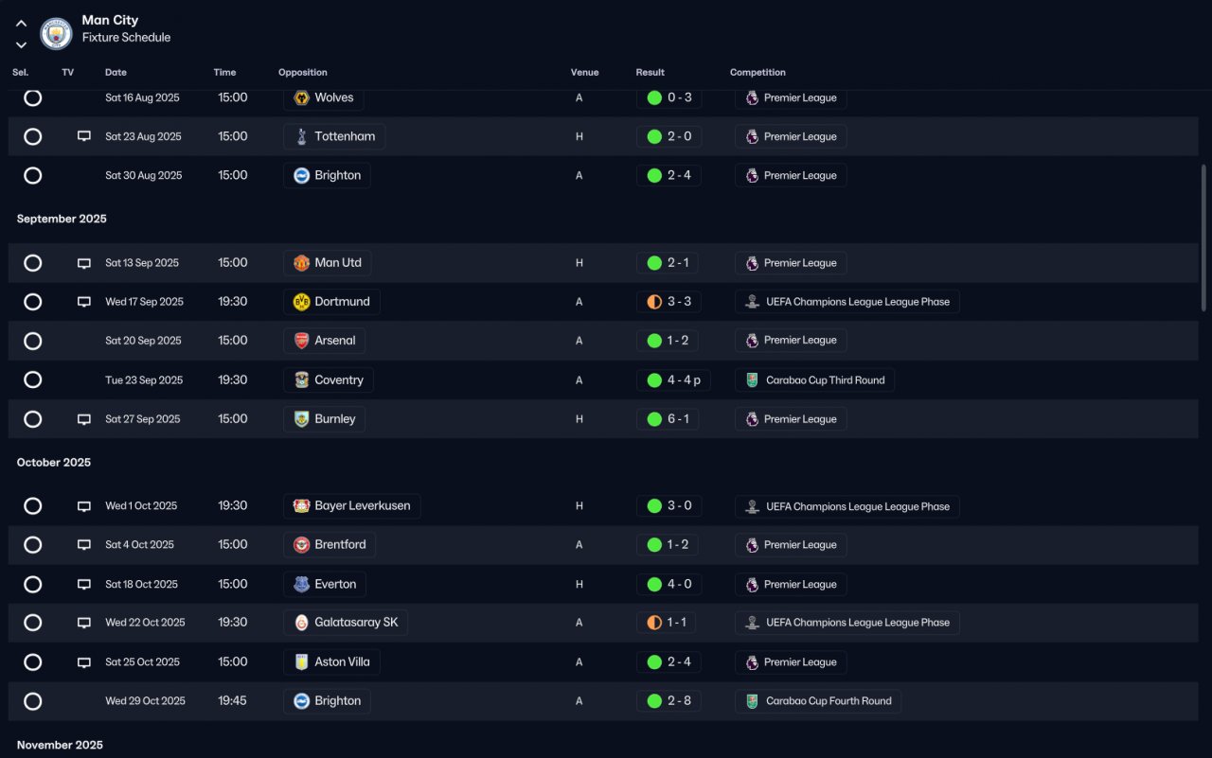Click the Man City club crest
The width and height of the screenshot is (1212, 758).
[56, 33]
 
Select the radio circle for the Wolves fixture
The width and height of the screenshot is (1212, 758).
[32, 97]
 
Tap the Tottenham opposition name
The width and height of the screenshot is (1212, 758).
[345, 136]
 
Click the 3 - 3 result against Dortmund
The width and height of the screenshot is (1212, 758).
[679, 302]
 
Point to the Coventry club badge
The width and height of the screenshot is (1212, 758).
[301, 379]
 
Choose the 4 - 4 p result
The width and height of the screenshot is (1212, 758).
[684, 380]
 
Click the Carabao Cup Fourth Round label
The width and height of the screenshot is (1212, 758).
[829, 700]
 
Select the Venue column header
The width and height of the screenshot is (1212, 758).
[584, 73]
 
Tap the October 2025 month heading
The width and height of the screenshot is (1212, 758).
[54, 462]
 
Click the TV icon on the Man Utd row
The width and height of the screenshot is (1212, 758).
[84, 263]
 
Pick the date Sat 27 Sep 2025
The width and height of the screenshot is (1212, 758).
[142, 419]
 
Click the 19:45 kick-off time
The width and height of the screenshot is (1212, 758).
[232, 700]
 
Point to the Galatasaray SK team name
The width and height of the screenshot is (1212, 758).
[356, 623]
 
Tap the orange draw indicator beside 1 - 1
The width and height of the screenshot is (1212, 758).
[654, 623]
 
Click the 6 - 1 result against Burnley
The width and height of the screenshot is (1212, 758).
[678, 419]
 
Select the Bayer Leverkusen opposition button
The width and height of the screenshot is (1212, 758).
[351, 506]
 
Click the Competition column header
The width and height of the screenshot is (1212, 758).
[757, 73]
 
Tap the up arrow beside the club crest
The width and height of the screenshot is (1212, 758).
[21, 24]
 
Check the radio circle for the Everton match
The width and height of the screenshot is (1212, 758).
[32, 585]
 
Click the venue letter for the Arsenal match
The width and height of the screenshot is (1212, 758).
[579, 341]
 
